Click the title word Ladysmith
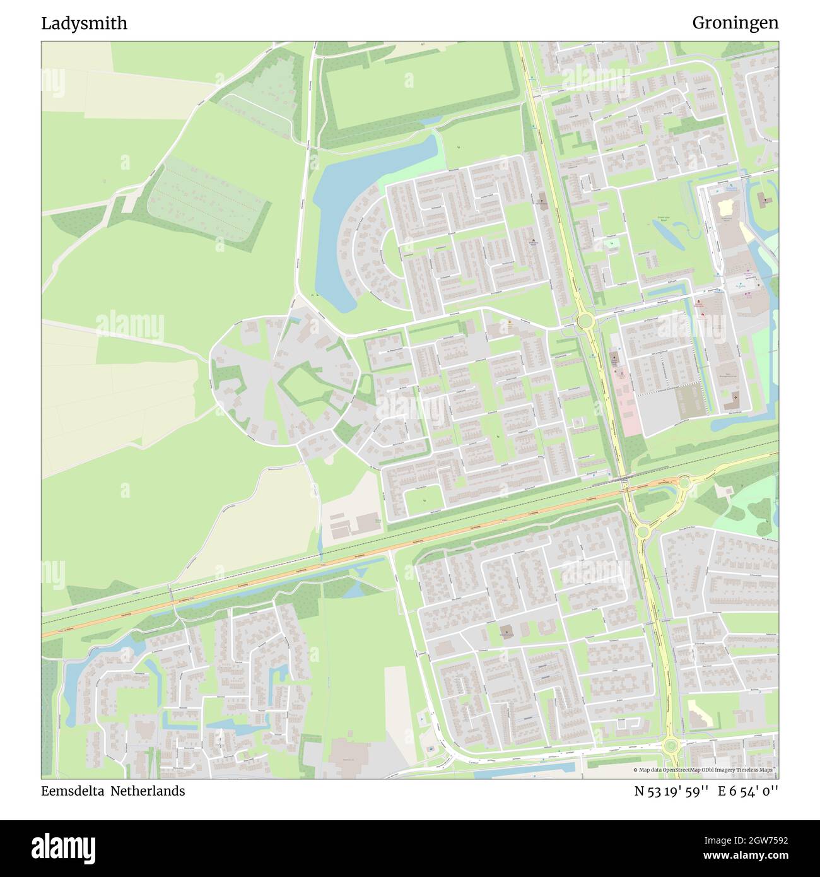pyautogui.click(x=84, y=23)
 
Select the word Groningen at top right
pyautogui.click(x=735, y=23)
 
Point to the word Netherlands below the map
pyautogui.click(x=148, y=791)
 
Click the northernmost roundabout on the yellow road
pyautogui.click(x=585, y=322)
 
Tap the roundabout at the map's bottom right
pyautogui.click(x=671, y=746)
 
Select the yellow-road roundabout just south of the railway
pyautogui.click(x=643, y=532)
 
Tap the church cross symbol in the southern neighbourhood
pyautogui.click(x=508, y=630)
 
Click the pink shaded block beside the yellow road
pyautogui.click(x=624, y=404)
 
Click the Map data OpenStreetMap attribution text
pyautogui.click(x=705, y=770)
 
